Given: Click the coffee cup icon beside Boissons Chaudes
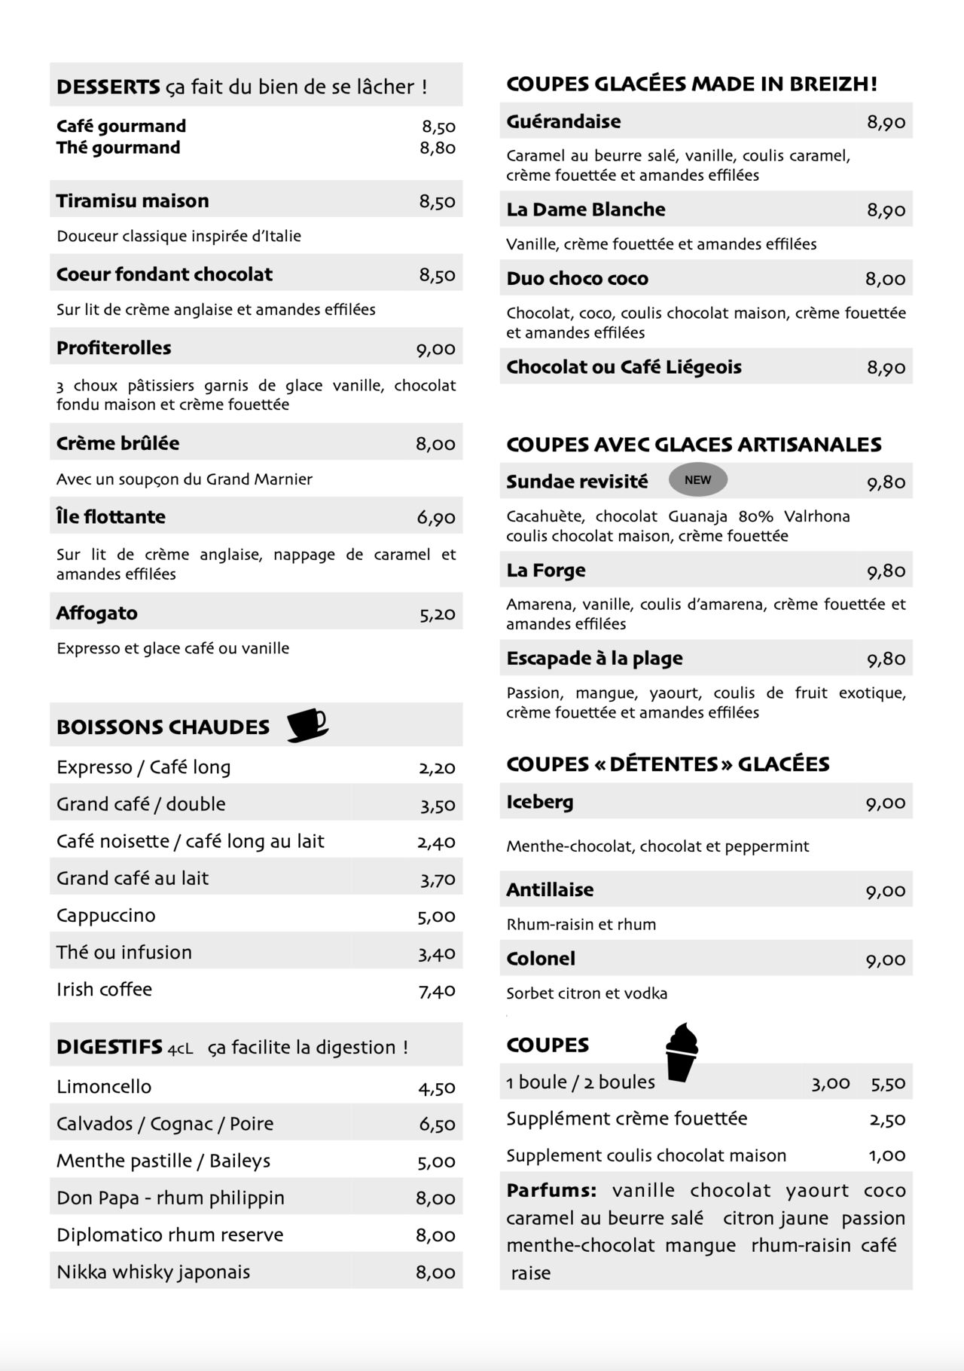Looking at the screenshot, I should point(307,725).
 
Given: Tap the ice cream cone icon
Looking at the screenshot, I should point(682,1052).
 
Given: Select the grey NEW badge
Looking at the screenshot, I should point(697,480).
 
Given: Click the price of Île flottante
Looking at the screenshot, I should point(436,518).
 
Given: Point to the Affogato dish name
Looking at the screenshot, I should point(97,613).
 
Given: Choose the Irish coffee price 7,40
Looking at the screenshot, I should point(437,990).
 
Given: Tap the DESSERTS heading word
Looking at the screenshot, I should point(108,87).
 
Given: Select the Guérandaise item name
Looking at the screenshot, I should point(563,121).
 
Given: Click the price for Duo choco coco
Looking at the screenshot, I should point(885,280).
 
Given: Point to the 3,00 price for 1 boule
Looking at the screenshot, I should point(830,1084).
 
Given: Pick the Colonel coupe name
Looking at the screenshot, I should point(541,959).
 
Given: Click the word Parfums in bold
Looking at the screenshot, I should point(551,1191).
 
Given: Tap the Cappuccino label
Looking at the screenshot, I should point(106,916).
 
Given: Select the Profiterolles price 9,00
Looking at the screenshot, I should point(436,349).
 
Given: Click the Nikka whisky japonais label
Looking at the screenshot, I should point(153,1272).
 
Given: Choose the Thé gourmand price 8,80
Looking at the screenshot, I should point(438,148).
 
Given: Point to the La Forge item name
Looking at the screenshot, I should point(546,571).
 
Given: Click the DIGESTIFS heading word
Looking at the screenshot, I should point(109,1047).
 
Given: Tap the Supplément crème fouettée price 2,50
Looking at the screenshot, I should point(887,1120).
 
